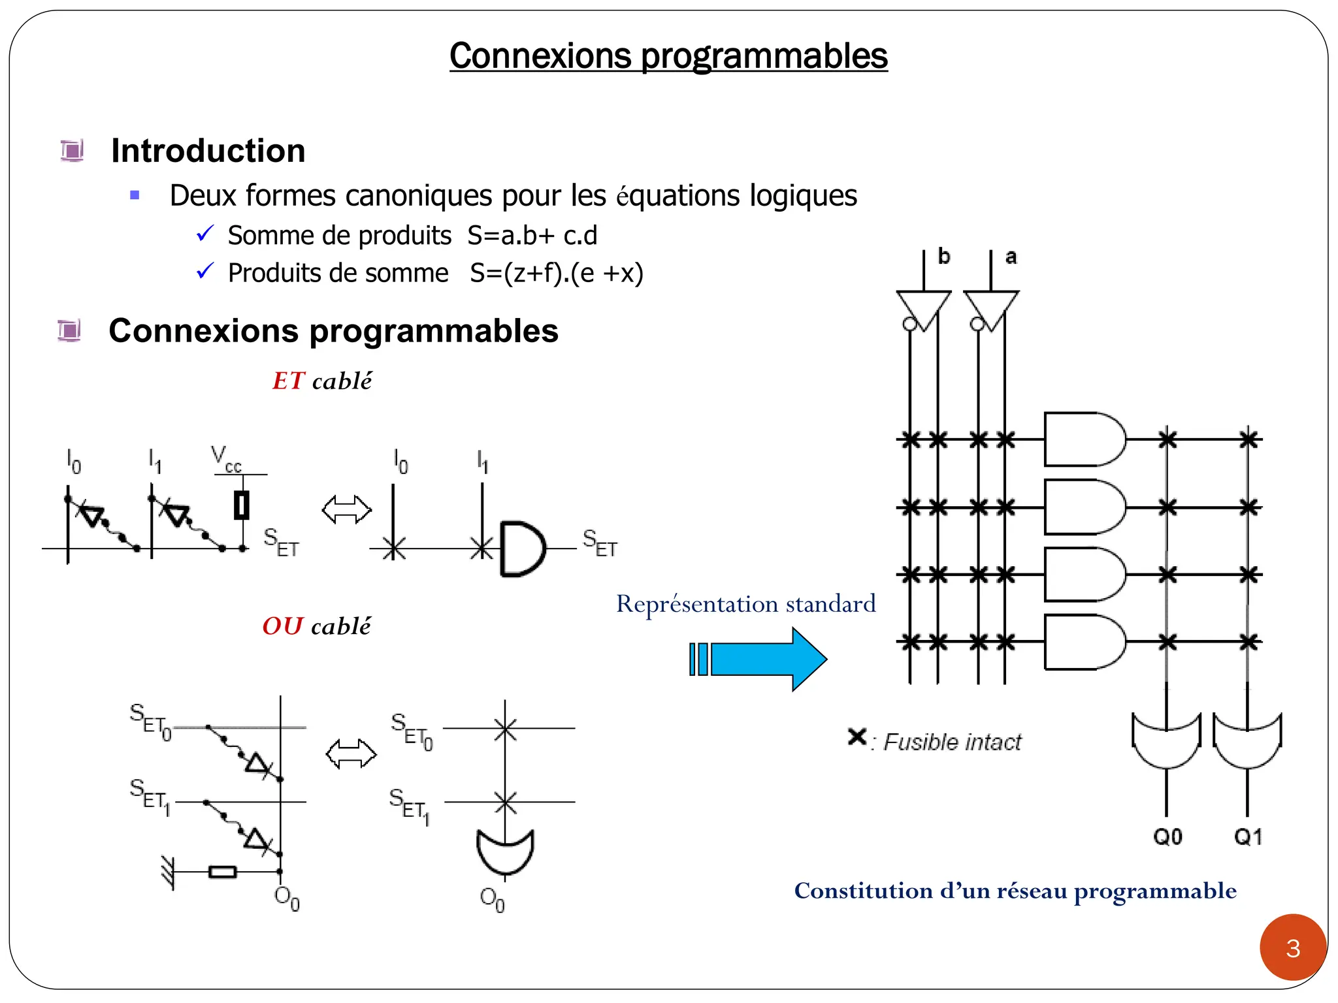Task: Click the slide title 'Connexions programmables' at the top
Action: point(668,56)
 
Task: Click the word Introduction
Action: point(208,151)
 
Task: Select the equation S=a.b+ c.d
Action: point(532,236)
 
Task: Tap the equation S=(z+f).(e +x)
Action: point(557,273)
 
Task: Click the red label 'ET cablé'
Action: point(322,381)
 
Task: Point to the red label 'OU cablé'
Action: point(316,626)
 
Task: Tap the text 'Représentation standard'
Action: point(745,604)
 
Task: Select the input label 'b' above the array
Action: point(943,257)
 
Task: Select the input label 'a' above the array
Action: point(1011,257)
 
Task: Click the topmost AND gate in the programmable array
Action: point(1083,439)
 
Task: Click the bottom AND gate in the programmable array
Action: point(1083,643)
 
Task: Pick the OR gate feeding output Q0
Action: point(1166,741)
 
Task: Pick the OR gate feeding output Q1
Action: point(1247,741)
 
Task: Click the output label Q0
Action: point(1167,836)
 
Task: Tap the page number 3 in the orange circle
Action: point(1293,948)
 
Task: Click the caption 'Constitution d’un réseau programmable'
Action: point(1015,891)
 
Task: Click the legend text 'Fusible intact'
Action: point(952,742)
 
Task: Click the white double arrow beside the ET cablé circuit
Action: point(347,509)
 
